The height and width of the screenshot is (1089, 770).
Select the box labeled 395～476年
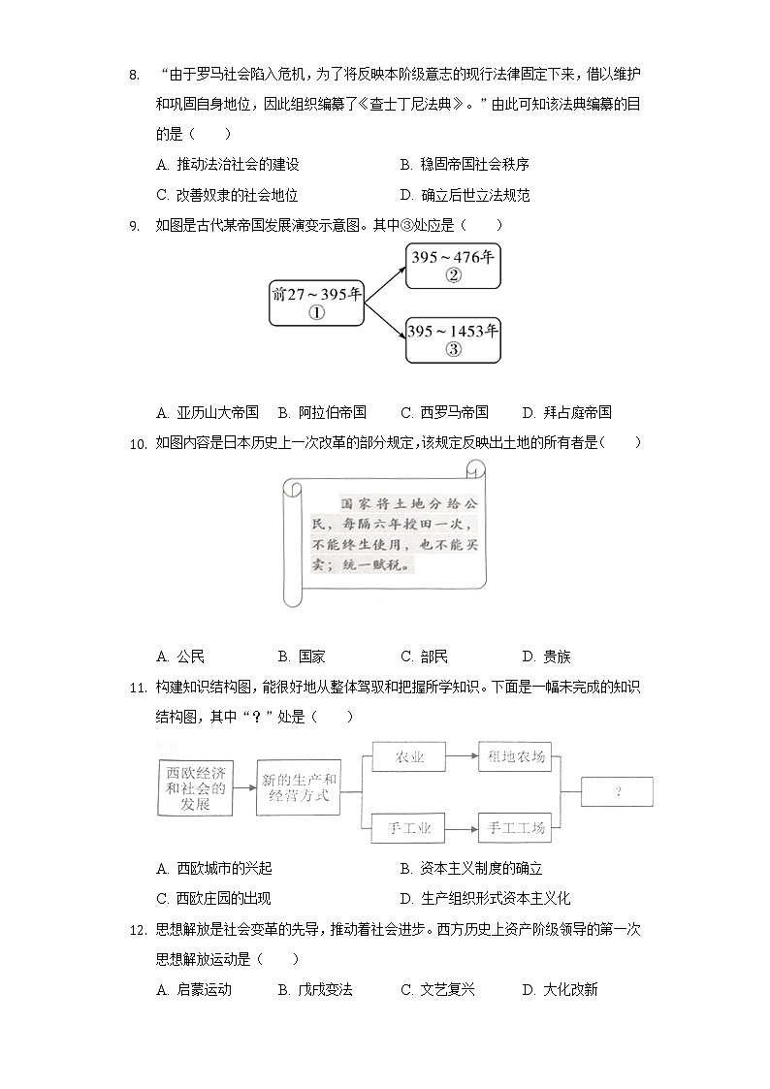[x=453, y=265]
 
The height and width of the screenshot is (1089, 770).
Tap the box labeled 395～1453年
[x=453, y=339]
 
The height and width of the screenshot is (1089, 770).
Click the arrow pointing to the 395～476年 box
[x=383, y=272]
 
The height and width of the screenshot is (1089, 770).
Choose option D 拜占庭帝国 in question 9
[x=566, y=412]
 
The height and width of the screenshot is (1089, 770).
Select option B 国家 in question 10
[x=301, y=657]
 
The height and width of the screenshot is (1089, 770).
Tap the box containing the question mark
[x=617, y=791]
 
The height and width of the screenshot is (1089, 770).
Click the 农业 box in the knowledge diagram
[x=410, y=757]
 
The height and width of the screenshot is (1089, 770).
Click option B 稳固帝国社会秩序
[x=465, y=165]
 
